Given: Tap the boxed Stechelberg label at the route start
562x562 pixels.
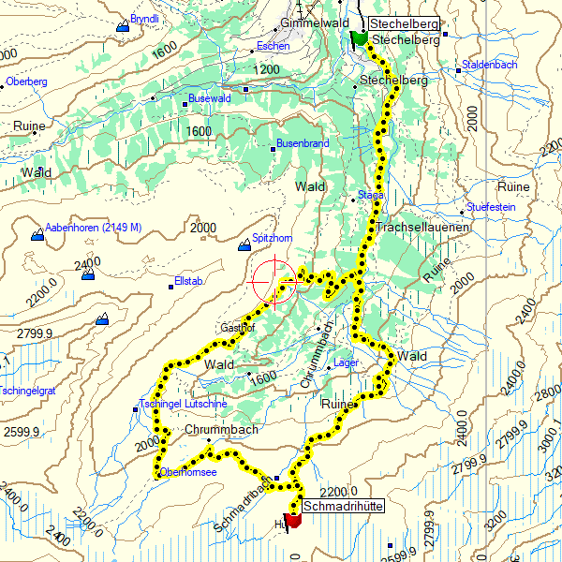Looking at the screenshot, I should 403,23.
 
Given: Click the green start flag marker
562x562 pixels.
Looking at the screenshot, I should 358,38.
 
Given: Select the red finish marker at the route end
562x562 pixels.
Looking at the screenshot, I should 291,521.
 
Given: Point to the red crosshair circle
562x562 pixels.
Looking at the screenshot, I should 274,281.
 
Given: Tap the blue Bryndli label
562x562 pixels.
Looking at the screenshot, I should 145,19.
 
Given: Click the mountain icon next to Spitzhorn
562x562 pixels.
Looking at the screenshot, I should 244,245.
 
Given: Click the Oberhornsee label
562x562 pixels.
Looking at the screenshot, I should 188,473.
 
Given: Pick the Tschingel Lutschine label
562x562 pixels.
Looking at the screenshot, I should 184,404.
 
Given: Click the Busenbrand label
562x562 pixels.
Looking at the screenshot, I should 303,144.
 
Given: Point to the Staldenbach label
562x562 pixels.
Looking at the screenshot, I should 489,65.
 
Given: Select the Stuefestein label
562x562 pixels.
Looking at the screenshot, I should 492,206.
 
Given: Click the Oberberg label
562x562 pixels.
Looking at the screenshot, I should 28,81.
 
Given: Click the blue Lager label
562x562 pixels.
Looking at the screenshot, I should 347,362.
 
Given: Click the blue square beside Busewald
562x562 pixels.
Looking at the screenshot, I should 246,90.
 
